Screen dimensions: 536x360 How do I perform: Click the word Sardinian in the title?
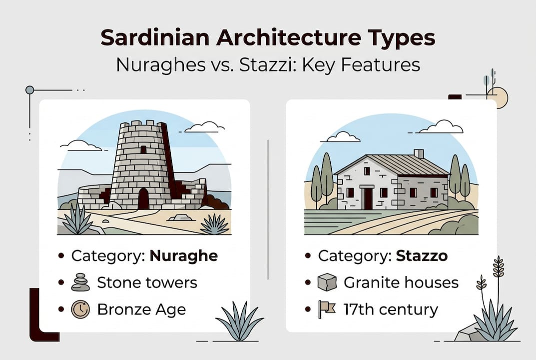point(155,37)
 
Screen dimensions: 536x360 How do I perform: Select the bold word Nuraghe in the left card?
point(183,256)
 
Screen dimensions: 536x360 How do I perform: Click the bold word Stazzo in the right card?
point(422,256)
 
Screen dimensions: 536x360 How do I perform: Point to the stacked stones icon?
point(80,282)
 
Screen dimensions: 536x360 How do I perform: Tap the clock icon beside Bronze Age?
point(80,309)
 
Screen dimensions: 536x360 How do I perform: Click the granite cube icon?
point(327,282)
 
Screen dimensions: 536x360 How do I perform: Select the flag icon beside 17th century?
point(327,309)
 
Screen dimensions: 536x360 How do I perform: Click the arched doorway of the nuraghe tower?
point(143,199)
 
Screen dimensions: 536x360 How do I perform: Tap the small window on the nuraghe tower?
point(143,149)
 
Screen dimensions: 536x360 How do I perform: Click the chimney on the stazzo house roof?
point(419,154)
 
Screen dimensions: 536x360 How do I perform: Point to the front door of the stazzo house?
point(368,198)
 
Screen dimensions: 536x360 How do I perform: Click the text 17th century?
point(391,309)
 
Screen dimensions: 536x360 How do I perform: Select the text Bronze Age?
point(141,309)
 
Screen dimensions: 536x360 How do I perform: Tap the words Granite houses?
point(401,282)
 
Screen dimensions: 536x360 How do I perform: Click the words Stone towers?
point(147,282)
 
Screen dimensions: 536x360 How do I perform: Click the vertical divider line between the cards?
point(268,209)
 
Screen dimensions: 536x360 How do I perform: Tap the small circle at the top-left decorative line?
point(30,90)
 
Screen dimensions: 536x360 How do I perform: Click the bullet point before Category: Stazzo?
point(308,255)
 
